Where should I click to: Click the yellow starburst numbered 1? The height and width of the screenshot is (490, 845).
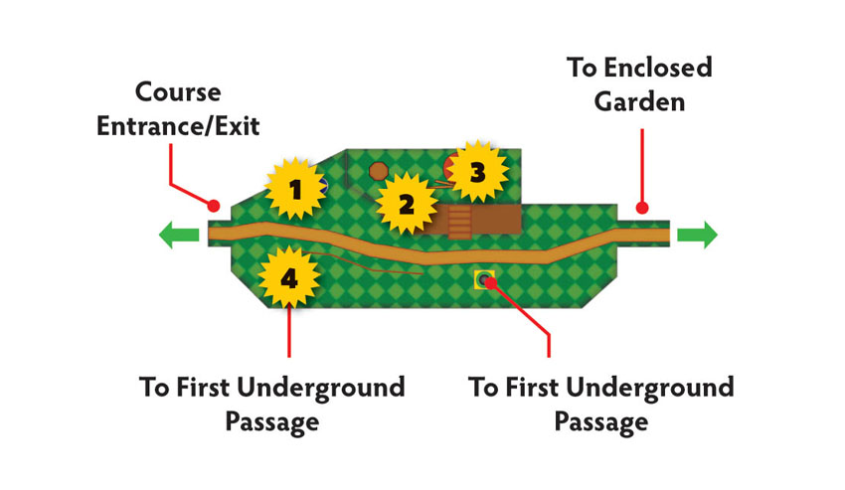[295, 189]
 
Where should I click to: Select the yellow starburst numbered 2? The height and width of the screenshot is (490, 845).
[406, 204]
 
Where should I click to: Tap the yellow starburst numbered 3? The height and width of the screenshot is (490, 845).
[477, 172]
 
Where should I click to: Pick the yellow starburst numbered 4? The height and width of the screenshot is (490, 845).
[289, 277]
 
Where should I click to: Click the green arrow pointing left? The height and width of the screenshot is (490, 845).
[179, 235]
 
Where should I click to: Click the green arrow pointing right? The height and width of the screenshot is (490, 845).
[697, 235]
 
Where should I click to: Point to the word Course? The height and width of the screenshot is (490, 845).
[178, 92]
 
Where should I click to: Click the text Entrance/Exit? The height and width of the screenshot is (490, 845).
[178, 126]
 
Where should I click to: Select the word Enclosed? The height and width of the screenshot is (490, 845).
[658, 68]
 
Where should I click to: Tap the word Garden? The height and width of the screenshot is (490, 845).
[639, 102]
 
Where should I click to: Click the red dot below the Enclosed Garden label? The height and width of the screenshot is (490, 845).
[641, 208]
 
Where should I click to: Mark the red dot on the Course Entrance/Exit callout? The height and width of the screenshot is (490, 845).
[214, 206]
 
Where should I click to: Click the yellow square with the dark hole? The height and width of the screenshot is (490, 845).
[484, 279]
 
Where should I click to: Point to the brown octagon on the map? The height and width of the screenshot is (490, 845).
[379, 171]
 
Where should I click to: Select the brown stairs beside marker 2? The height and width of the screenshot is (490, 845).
[459, 222]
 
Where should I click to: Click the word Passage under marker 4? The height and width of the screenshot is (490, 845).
[272, 421]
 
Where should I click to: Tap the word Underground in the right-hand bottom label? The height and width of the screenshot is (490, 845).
[650, 388]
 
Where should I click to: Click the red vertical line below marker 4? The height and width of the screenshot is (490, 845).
[289, 330]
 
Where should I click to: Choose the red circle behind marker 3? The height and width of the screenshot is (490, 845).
[450, 168]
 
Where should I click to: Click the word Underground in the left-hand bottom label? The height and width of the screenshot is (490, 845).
[321, 388]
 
